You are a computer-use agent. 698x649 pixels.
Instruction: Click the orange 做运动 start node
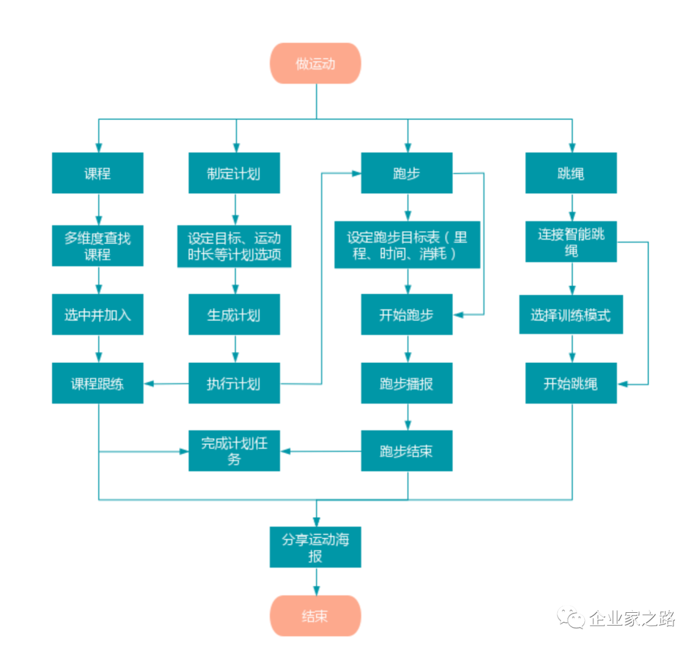315,63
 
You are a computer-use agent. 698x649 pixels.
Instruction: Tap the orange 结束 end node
315,615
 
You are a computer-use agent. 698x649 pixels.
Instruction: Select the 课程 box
98,173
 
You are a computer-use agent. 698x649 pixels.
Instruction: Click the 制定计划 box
234,173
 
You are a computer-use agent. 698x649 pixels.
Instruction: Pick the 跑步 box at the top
407,173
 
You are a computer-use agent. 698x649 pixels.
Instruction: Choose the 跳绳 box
571,173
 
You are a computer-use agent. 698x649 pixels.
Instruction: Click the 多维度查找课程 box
98,245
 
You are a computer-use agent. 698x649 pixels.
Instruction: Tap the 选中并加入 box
98,314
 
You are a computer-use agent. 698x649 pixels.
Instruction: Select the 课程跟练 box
98,384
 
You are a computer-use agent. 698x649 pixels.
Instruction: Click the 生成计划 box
234,314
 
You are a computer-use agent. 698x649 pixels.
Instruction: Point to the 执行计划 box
234,384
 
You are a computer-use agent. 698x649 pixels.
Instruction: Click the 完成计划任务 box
234,451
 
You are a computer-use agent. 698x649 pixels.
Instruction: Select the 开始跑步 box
407,314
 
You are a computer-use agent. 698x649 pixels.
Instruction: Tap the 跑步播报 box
407,384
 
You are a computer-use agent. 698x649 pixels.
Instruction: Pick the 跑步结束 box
407,451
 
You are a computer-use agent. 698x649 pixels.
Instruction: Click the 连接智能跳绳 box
571,242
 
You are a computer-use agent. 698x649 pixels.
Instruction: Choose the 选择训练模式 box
571,314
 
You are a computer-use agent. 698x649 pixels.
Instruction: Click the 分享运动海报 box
315,548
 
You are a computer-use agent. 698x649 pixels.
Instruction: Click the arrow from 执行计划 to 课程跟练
166,384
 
